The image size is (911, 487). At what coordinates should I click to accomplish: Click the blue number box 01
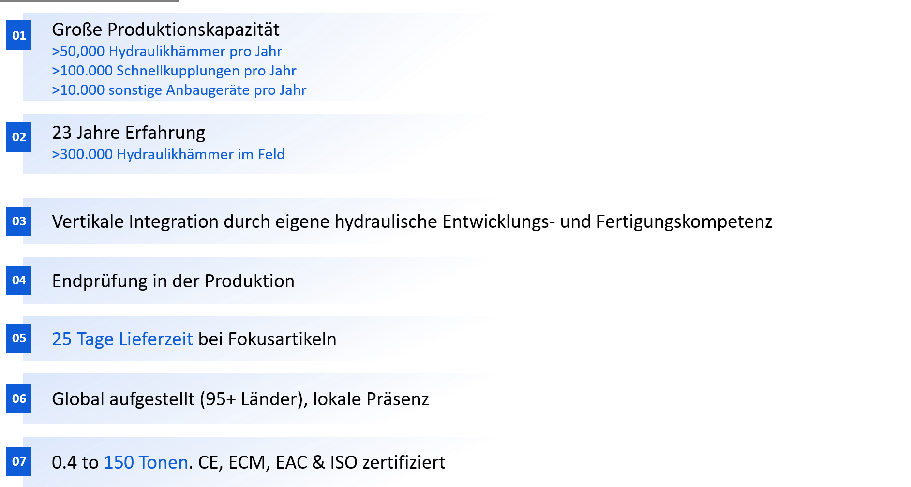click(x=18, y=35)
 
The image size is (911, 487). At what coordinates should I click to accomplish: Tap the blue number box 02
click(x=18, y=137)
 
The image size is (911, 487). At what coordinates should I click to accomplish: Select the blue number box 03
click(x=18, y=221)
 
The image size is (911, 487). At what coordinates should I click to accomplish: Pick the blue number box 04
click(x=18, y=280)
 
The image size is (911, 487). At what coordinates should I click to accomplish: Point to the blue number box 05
click(x=18, y=338)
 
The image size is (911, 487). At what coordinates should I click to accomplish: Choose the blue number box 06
click(x=18, y=398)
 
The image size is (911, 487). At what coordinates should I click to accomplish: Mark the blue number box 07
click(x=18, y=461)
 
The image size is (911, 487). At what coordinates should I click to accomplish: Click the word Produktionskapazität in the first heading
click(x=193, y=30)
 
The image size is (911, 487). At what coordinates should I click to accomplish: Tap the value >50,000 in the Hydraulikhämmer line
click(x=78, y=51)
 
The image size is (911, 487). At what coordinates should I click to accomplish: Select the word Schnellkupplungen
click(x=178, y=71)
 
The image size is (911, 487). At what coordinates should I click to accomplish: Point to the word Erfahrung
click(x=165, y=133)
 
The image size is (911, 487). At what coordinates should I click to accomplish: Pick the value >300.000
click(x=82, y=154)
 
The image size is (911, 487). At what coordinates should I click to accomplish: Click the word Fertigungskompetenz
click(x=684, y=222)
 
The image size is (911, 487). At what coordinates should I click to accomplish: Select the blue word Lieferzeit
click(x=156, y=339)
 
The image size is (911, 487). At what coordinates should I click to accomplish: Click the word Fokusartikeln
click(x=282, y=339)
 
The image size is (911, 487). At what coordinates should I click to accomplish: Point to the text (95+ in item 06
click(x=218, y=399)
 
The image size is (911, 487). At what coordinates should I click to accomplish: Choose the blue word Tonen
click(x=163, y=463)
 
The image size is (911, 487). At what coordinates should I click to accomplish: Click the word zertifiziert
click(x=404, y=463)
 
